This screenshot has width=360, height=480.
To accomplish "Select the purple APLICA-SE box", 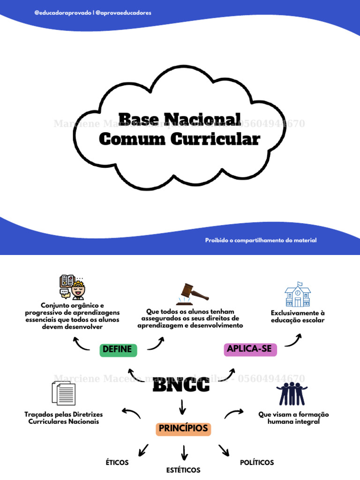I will (x=250, y=349).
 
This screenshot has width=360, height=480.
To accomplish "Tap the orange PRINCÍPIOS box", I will (x=183, y=428).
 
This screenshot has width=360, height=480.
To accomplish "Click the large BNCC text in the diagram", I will (x=181, y=386).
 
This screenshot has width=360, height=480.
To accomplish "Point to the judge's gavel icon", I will (x=192, y=293).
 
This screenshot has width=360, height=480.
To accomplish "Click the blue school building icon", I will (x=298, y=294).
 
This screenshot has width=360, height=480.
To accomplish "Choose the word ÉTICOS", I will (x=117, y=463).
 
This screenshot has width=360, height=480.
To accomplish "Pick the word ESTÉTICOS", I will (x=183, y=470).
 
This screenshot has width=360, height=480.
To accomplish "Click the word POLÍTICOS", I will (x=257, y=463).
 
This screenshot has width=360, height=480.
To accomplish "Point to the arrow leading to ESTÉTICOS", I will (x=184, y=452).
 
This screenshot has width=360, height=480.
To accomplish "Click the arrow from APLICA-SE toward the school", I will (x=293, y=340).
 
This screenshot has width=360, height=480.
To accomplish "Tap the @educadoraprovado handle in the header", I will (x=63, y=13).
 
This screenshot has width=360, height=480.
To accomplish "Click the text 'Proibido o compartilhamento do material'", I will (x=261, y=240).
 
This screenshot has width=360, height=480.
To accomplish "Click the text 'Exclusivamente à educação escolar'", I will (x=298, y=316).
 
